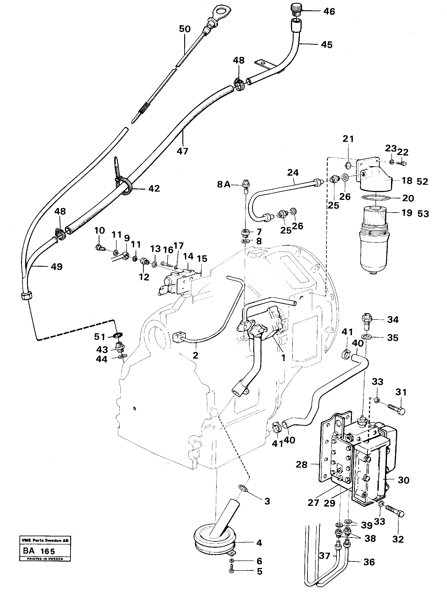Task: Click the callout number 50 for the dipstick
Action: point(184,29)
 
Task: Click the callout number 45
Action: point(327,45)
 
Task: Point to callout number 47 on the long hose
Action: point(182,151)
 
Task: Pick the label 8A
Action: point(224,184)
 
